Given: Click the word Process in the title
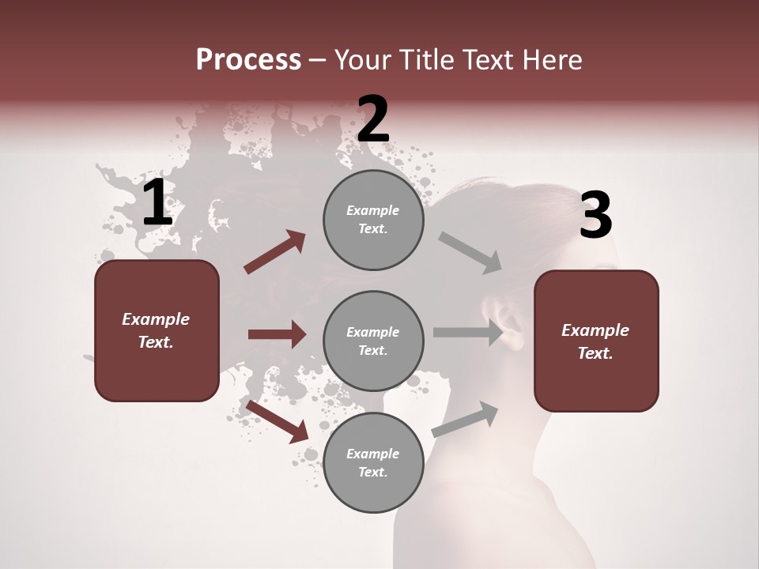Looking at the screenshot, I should click(x=248, y=60).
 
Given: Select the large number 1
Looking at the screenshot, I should click(x=157, y=203).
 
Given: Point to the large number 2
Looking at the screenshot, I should click(x=373, y=119).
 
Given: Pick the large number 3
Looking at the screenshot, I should click(x=595, y=216).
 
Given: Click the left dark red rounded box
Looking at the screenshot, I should click(x=157, y=330).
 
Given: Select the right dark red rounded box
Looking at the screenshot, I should click(x=596, y=341).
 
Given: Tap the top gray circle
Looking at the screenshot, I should click(x=373, y=220).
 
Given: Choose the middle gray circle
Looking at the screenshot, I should click(x=373, y=341).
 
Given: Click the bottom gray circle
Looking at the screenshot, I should click(x=373, y=462).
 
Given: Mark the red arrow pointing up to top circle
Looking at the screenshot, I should click(x=275, y=252).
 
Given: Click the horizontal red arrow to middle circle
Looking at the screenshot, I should click(x=277, y=334).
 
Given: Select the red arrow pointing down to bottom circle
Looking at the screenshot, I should click(x=278, y=421).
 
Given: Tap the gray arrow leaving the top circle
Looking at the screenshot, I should click(x=470, y=252).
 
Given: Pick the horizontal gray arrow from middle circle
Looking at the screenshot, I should click(x=468, y=333).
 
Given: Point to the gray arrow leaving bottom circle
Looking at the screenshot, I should click(x=465, y=420).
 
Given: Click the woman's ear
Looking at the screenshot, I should click(x=508, y=320).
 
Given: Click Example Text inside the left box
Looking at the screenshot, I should click(x=156, y=330).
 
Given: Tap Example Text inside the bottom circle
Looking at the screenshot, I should click(x=372, y=462).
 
